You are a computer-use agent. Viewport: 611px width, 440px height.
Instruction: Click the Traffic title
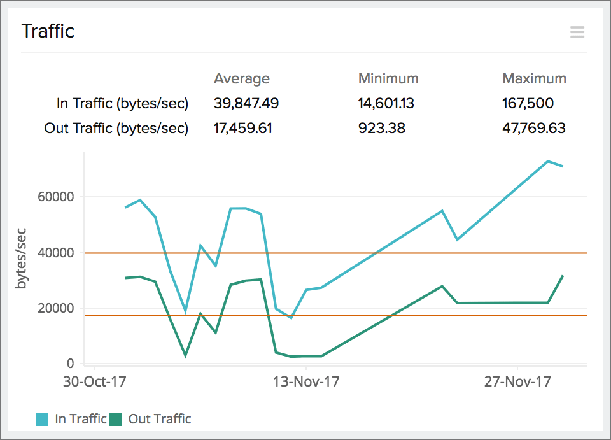click(x=48, y=31)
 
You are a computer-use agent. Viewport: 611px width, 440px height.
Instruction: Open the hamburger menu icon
click(x=577, y=32)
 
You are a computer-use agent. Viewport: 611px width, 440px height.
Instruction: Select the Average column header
click(x=242, y=79)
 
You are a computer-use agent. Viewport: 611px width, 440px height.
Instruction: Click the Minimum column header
click(x=388, y=79)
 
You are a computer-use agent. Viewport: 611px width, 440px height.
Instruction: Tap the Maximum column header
click(x=534, y=79)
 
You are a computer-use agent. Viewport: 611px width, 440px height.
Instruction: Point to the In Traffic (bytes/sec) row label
click(x=123, y=104)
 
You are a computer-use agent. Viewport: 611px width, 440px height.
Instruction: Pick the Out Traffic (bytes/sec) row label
click(x=116, y=129)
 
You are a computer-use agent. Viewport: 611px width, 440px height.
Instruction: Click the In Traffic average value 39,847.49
click(x=246, y=104)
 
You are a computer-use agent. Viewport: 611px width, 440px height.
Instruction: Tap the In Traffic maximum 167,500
click(x=528, y=104)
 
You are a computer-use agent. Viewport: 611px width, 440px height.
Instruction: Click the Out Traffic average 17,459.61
click(x=243, y=129)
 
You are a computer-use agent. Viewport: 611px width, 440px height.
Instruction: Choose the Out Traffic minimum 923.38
click(x=382, y=129)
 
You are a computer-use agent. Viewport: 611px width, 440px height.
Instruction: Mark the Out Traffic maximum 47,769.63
click(x=534, y=129)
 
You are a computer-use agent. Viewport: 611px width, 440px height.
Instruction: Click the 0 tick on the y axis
click(x=70, y=364)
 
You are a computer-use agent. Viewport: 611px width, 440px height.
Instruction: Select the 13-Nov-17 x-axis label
click(x=306, y=382)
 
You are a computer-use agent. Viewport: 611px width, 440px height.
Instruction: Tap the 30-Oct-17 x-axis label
click(x=94, y=382)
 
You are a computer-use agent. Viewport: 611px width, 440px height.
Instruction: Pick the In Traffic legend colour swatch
click(x=42, y=419)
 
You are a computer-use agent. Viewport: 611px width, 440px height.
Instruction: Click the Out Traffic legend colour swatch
click(x=116, y=419)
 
